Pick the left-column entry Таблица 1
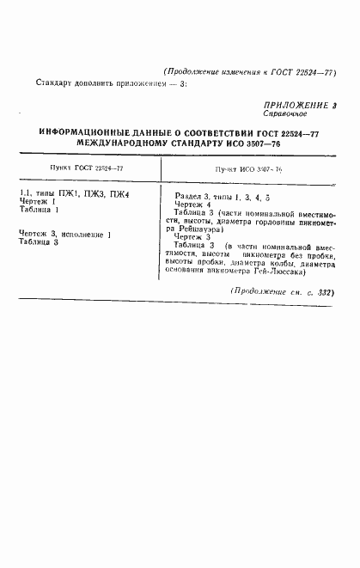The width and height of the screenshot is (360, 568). click(40, 210)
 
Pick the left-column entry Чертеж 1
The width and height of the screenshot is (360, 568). click(38, 203)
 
